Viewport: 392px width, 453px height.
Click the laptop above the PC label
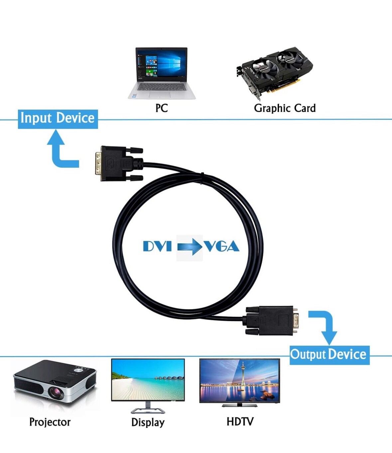click(x=162, y=73)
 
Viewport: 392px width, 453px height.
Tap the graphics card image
click(x=275, y=73)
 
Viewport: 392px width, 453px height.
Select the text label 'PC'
click(x=162, y=108)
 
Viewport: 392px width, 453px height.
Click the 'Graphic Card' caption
click(x=285, y=108)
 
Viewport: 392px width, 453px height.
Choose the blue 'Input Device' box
click(x=58, y=119)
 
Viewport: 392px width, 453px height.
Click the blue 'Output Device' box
click(x=329, y=354)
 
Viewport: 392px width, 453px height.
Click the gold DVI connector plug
click(x=98, y=164)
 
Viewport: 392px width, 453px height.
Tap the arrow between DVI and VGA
click(x=190, y=247)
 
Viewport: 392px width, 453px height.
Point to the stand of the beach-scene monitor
click(x=148, y=408)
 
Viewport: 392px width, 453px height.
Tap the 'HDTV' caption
click(x=240, y=421)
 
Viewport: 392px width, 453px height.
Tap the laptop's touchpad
click(x=160, y=95)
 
